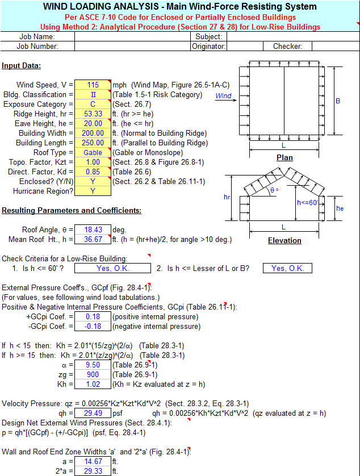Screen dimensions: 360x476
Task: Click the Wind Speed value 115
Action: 93,85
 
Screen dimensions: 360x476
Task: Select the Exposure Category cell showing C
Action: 93,105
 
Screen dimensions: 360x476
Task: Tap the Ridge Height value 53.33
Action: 93,114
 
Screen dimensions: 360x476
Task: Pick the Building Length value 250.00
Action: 93,143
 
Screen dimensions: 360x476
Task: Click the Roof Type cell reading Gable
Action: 93,153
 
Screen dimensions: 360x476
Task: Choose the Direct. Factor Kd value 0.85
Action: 93,172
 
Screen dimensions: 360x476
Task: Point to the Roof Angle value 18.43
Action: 93,230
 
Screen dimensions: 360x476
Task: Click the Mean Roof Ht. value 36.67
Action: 93,240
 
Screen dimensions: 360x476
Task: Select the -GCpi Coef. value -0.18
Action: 93,327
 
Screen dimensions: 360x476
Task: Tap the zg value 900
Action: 93,374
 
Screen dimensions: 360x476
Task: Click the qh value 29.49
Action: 93,413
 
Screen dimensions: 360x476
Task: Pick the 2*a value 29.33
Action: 93,471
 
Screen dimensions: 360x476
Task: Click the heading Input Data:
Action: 21,66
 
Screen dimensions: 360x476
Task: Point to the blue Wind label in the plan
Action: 223,96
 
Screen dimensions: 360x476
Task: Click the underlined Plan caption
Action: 284,158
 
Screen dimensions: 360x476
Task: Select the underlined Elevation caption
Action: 284,241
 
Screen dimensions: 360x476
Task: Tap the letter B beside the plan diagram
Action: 338,101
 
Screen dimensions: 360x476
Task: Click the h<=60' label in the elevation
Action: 308,202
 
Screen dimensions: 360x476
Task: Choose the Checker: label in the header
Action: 288,47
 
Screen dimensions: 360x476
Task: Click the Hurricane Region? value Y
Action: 93,191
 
